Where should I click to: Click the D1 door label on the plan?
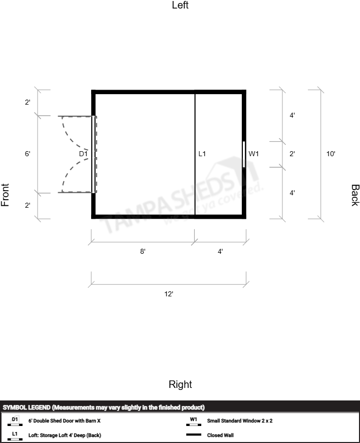[x=83, y=154]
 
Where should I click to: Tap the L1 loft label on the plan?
[x=202, y=154]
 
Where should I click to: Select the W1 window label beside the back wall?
[x=253, y=154]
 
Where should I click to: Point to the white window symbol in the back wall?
[x=244, y=154]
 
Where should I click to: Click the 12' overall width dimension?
[x=169, y=294]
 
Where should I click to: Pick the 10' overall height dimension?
[x=331, y=154]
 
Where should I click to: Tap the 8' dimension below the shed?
[x=143, y=251]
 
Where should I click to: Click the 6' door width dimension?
[x=28, y=154]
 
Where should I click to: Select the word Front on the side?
[x=5, y=195]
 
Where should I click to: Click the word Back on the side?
[x=355, y=195]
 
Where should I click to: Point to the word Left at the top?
[x=180, y=5]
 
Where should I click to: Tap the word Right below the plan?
[x=180, y=384]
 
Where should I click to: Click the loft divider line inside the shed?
[x=195, y=154]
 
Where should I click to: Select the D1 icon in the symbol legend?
[x=15, y=421]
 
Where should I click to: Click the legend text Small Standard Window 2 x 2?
[x=240, y=420]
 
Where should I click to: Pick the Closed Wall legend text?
[x=220, y=435]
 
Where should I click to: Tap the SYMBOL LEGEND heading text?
[x=27, y=407]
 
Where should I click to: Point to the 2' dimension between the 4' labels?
[x=292, y=154]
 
